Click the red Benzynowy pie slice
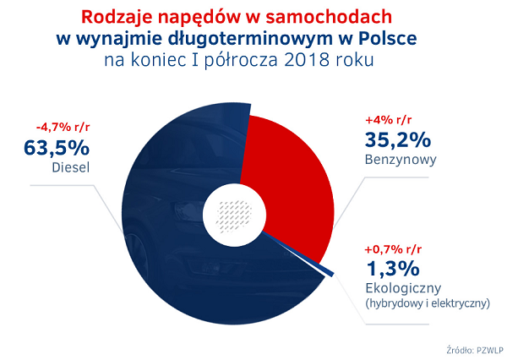point(291,188)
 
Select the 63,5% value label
point(57,148)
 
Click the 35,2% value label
point(398,139)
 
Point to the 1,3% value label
point(393,269)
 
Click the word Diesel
point(71,167)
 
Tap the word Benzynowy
point(401,160)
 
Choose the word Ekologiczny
point(403,288)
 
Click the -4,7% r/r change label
point(63,127)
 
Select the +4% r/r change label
point(389,120)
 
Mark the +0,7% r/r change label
point(393,249)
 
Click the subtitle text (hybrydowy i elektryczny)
point(428,303)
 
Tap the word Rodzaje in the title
point(116,17)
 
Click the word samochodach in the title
point(329,17)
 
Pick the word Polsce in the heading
point(388,39)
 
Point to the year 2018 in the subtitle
point(307,60)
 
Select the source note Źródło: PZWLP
point(475,351)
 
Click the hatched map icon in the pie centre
point(235,216)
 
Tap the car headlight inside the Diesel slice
point(185,214)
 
